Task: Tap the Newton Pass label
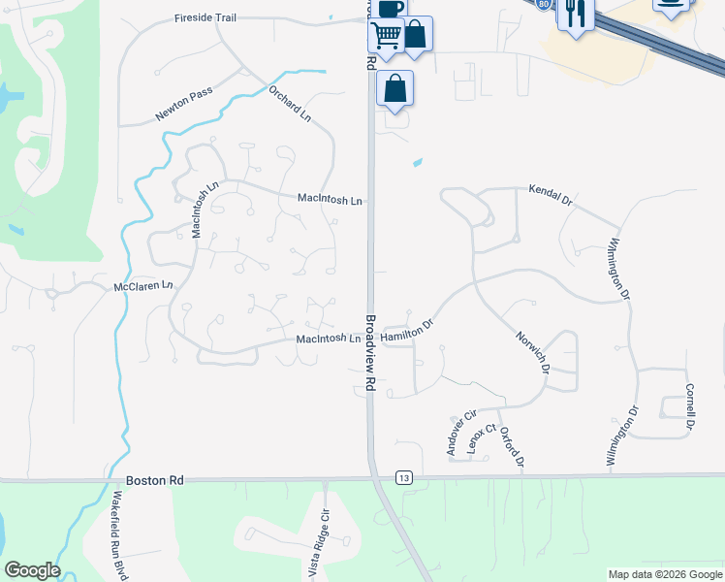point(183,105)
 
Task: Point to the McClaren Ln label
point(142,286)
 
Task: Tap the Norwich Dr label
point(533,350)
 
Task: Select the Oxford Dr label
point(513,446)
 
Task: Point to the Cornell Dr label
point(690,407)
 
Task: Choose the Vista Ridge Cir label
point(319,543)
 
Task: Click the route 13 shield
point(404,477)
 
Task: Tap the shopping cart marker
point(387,35)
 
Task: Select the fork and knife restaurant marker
point(576,14)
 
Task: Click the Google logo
point(32,570)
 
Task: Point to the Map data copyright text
point(664,574)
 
